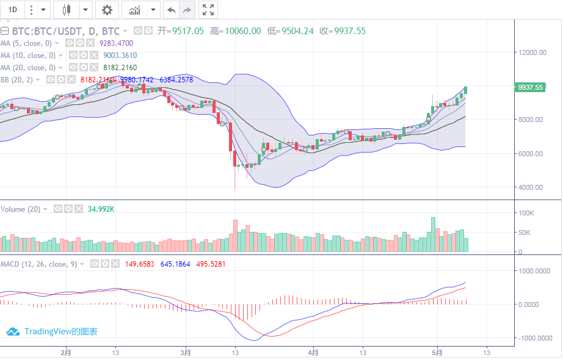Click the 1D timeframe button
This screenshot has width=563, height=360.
coord(12,10)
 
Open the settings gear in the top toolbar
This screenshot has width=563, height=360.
coord(107,10)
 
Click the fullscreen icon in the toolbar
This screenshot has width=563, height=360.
coord(208,10)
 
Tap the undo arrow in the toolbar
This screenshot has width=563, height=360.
coord(172,10)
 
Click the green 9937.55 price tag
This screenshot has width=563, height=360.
coord(530,87)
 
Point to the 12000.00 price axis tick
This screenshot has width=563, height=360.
coord(531,52)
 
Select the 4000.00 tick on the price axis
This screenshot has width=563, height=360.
coord(531,187)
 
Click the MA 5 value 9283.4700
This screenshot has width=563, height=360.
coord(116,43)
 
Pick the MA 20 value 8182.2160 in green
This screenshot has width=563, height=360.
coord(120,68)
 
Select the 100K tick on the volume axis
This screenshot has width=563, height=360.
coord(526,213)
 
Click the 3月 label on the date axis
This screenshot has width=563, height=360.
coord(186,353)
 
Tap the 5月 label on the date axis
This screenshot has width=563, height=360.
coord(437,353)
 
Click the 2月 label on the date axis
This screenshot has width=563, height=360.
coord(66,353)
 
